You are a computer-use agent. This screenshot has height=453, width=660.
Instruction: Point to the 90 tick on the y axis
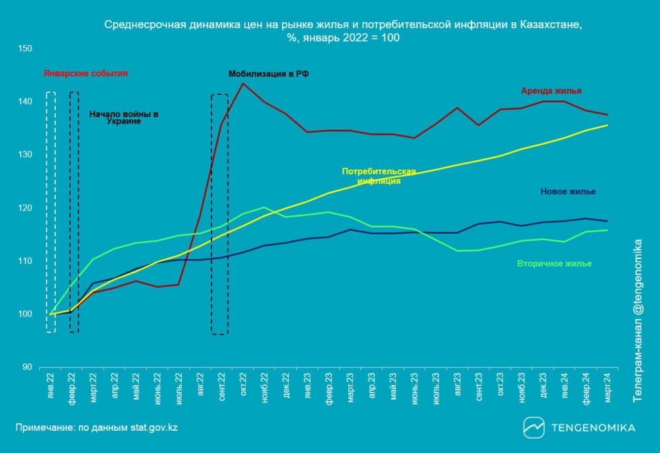point(28,368)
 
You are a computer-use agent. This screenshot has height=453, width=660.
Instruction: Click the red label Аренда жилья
point(551,90)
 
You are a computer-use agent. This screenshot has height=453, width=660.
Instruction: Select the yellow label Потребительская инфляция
point(378,176)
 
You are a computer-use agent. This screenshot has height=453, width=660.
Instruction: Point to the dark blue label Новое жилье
point(568,192)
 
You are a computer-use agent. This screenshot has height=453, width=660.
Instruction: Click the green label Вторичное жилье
point(554,264)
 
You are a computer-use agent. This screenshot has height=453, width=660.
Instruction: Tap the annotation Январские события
point(86,73)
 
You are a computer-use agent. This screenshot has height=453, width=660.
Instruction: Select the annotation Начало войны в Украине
point(124,118)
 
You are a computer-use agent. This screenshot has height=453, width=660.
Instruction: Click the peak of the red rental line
point(242,83)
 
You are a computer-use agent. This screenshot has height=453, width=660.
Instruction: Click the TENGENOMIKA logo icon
point(534,427)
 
